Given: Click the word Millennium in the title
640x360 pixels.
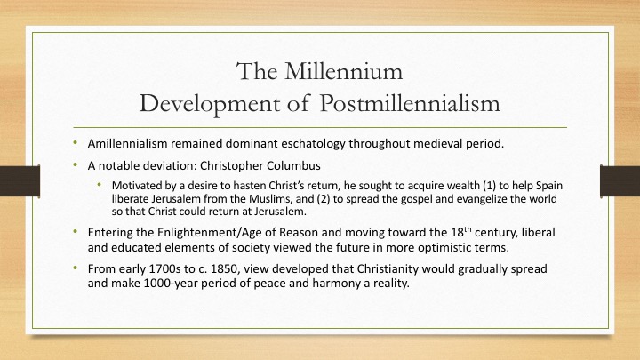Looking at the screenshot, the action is coord(344,71).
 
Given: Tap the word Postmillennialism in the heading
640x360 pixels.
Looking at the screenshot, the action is coord(410,103).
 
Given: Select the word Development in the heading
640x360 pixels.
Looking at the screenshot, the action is coord(209,104).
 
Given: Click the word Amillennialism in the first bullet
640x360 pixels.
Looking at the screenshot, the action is coord(127,144).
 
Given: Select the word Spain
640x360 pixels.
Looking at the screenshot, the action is coord(549,186).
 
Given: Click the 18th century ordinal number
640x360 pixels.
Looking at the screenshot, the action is coord(460,232).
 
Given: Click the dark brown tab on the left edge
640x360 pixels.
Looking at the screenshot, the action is coord(20,180).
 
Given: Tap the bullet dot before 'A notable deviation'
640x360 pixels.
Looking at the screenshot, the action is coord(75,164).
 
